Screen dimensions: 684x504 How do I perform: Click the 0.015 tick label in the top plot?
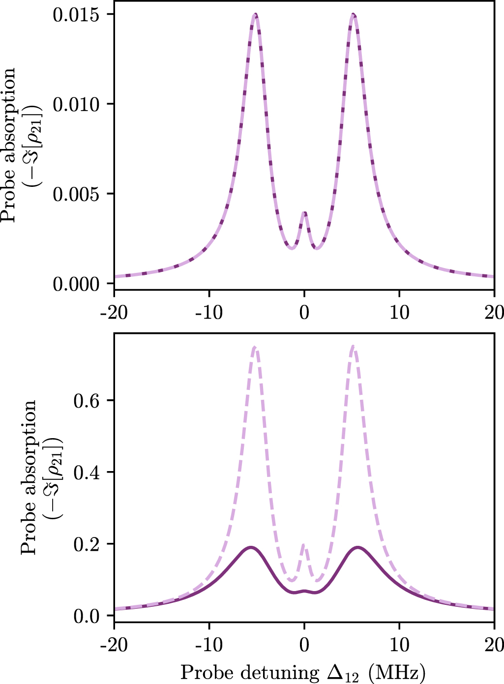pyautogui.click(x=80, y=14)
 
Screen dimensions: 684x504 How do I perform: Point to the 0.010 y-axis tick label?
pyautogui.click(x=80, y=104)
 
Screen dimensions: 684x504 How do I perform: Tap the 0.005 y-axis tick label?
pyautogui.click(x=80, y=194)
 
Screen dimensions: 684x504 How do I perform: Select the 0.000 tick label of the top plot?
pyautogui.click(x=80, y=284)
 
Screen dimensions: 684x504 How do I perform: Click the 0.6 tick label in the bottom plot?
pyautogui.click(x=87, y=400)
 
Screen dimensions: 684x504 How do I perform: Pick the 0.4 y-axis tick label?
pyautogui.click(x=87, y=472)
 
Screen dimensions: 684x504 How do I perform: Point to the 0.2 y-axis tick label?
pyautogui.click(x=87, y=544)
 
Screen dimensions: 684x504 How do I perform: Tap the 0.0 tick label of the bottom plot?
pyautogui.click(x=87, y=616)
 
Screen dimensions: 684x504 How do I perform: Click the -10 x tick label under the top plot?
pyautogui.click(x=209, y=312)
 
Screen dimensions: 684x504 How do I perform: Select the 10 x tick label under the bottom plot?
pyautogui.click(x=399, y=644)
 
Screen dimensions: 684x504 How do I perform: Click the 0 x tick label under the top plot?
pyautogui.click(x=304, y=312)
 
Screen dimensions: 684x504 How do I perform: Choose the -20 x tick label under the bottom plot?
pyautogui.click(x=114, y=644)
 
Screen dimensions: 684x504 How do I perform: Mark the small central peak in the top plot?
pyautogui.click(x=304, y=213)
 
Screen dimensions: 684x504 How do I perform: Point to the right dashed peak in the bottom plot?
pyautogui.click(x=353, y=347)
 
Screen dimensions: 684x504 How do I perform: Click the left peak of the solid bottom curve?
pyautogui.click(x=251, y=547)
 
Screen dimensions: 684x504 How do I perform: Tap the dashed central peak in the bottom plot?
pyautogui.click(x=304, y=544)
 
